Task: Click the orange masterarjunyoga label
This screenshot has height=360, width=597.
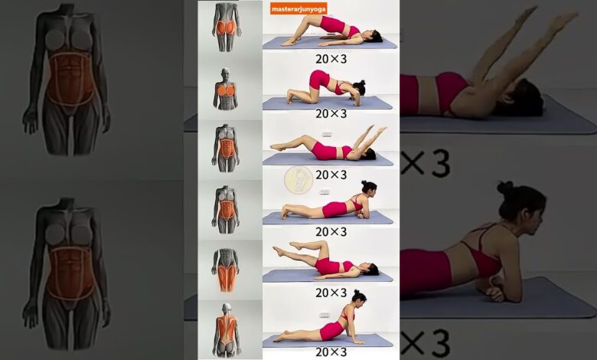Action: point(298,8)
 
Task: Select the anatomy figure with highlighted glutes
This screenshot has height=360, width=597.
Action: point(227,27)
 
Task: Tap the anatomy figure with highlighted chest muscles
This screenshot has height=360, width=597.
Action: point(226,89)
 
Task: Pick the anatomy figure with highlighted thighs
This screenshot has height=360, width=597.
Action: point(226,270)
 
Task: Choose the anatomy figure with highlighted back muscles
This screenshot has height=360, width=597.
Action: point(227,330)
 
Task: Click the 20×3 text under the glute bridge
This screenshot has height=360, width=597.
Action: point(331,59)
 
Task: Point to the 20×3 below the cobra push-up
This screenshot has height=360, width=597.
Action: point(331,352)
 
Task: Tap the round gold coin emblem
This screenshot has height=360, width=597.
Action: point(298,180)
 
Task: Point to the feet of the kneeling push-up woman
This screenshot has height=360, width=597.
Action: point(290,97)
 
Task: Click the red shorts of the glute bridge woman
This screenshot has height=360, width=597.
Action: point(332,24)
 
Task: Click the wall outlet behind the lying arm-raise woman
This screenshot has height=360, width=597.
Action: point(327,134)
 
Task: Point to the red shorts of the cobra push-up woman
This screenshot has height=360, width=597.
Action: point(330,331)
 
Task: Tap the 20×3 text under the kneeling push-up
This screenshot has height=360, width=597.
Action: point(331,113)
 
